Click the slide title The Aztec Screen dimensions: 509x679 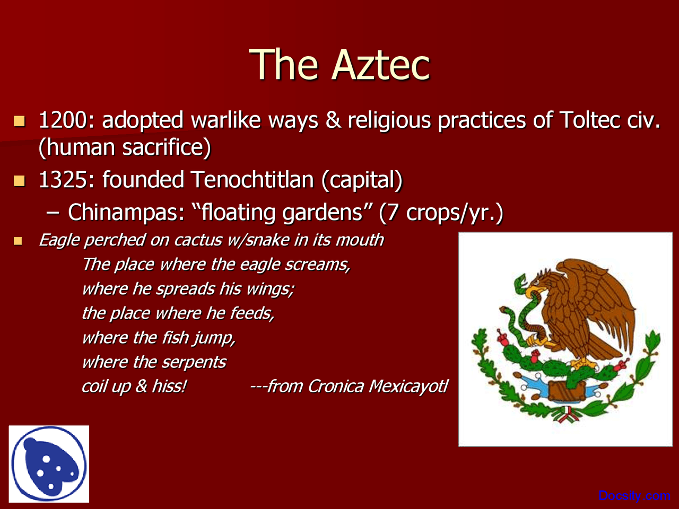click(x=339, y=65)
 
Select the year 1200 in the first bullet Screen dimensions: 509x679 click(x=63, y=121)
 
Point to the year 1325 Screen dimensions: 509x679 click(x=63, y=180)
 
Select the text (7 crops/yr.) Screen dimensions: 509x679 click(x=441, y=213)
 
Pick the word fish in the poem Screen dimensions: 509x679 click(x=175, y=338)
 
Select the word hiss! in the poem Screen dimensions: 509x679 click(x=169, y=387)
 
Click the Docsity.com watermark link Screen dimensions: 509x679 click(x=634, y=496)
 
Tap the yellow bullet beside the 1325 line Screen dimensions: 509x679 click(x=20, y=181)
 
